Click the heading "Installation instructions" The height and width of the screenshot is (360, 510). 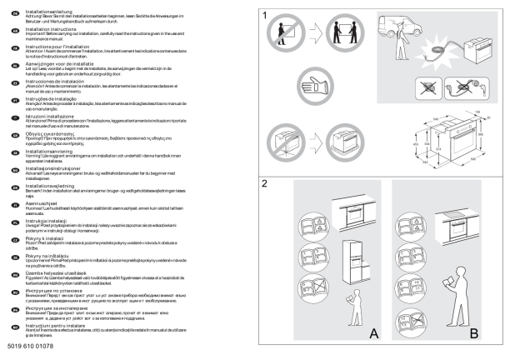(42, 27)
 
